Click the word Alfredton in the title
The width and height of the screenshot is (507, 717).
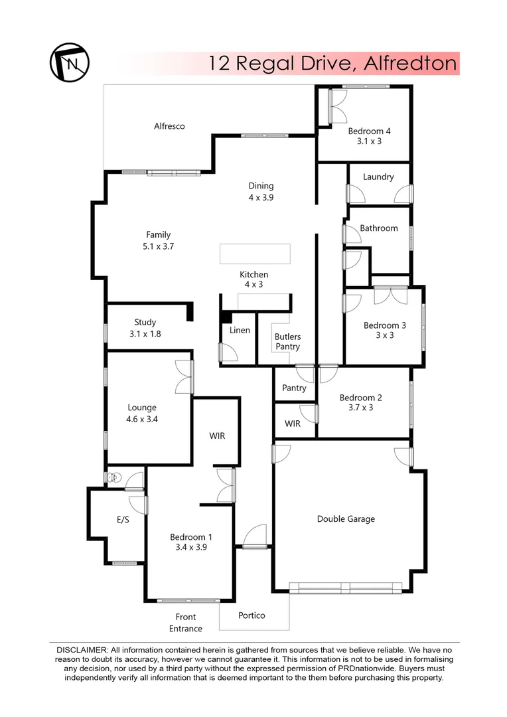tap(411, 63)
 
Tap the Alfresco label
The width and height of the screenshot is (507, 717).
tap(169, 126)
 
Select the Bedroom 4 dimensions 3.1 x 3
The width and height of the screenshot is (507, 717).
tap(369, 141)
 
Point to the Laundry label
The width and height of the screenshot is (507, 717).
tap(378, 177)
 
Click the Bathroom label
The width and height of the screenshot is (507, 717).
tap(379, 228)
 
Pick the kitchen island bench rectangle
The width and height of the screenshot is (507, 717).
tap(255, 254)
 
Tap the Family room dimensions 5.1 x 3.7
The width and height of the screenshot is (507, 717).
tap(159, 246)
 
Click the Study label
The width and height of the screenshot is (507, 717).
tap(145, 323)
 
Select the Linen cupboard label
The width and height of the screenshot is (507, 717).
tap(240, 330)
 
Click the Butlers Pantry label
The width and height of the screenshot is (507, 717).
tap(287, 342)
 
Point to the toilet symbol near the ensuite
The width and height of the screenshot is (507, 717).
tap(114, 477)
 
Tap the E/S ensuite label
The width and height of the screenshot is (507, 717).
tap(123, 520)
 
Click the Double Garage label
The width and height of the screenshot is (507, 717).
tap(346, 519)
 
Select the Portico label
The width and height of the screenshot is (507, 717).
tap(252, 615)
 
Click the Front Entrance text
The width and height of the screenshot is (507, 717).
tap(186, 623)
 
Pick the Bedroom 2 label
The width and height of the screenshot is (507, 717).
tap(360, 398)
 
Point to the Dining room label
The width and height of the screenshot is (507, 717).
tap(261, 186)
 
